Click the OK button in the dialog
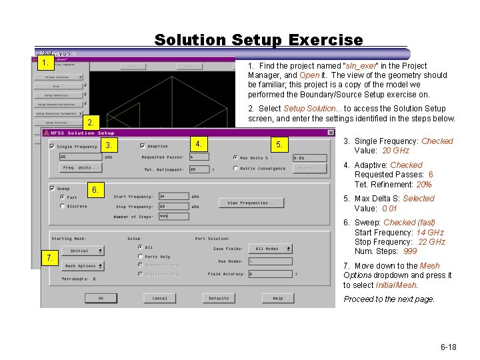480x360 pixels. [x=101, y=298]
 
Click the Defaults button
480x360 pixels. [x=219, y=298]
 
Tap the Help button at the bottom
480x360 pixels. [x=277, y=298]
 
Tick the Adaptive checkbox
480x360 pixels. [x=143, y=146]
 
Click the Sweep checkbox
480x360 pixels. [x=53, y=189]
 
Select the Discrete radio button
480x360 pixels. [x=63, y=206]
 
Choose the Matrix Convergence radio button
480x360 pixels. [x=236, y=168]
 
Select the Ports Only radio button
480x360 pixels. [x=140, y=256]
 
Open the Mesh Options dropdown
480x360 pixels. [x=83, y=266]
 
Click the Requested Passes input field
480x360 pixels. [x=198, y=157]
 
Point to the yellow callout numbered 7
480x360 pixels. [x=48, y=257]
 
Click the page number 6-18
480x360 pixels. [x=448, y=347]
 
